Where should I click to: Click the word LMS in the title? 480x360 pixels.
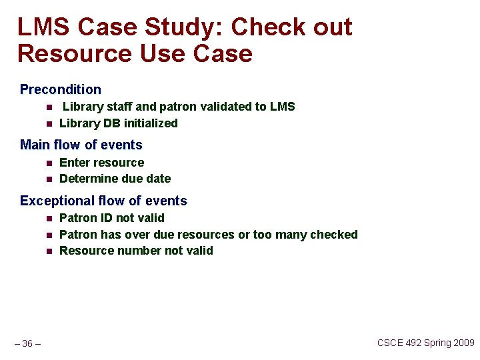click(43, 27)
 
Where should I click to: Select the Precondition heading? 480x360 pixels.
click(61, 89)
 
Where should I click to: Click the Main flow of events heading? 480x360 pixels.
click(81, 145)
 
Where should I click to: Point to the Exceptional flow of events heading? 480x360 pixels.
click(103, 201)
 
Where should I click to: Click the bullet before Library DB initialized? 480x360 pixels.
click(49, 123)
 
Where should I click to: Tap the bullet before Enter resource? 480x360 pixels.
click(49, 163)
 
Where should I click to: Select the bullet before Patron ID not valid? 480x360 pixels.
click(49, 218)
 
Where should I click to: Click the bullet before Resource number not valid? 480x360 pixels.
click(49, 251)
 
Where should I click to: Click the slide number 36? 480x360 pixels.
click(27, 343)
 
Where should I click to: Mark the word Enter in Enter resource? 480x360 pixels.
click(74, 163)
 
